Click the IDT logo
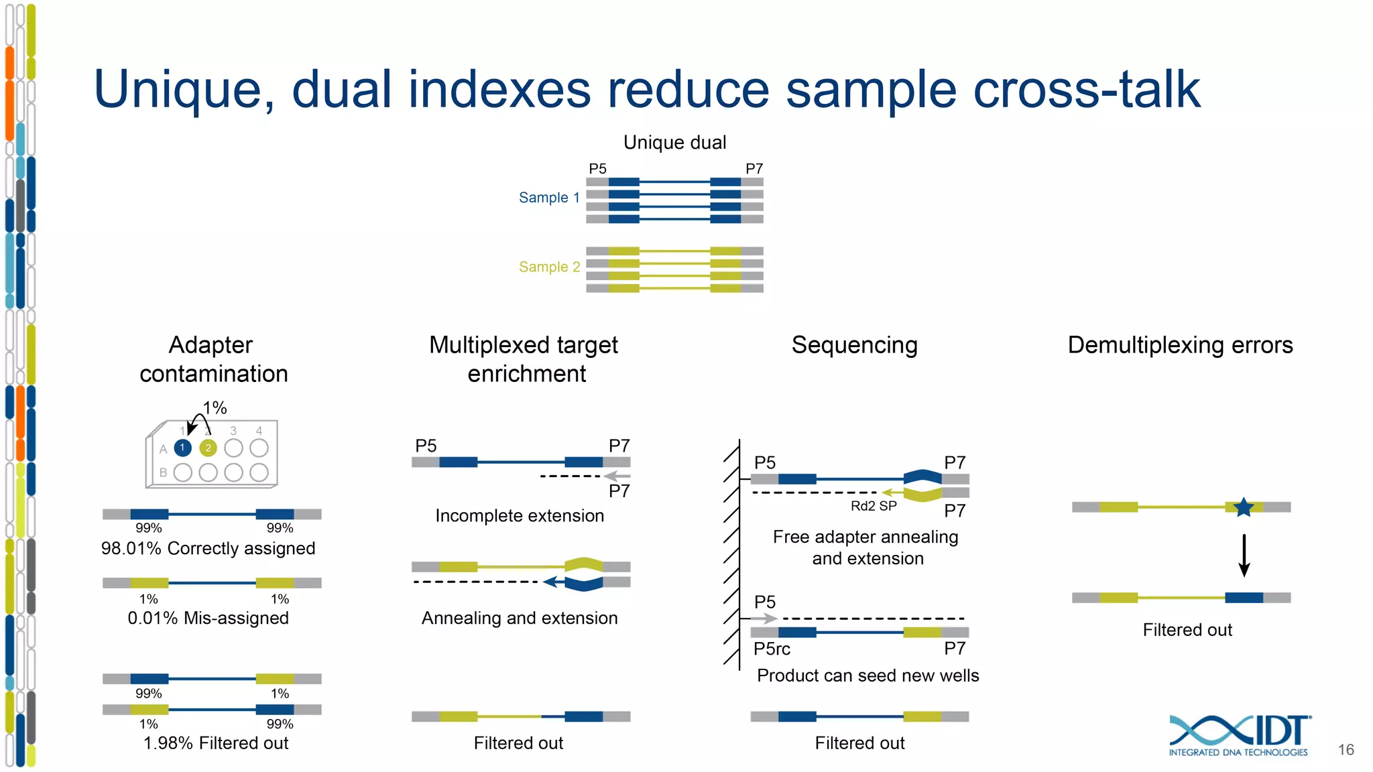point(1239,735)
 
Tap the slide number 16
point(1346,750)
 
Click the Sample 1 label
point(548,198)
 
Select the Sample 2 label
point(548,267)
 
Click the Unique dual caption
point(674,142)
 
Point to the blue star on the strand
point(1244,507)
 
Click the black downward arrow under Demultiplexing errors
point(1244,555)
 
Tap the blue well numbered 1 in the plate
point(182,448)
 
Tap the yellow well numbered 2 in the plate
point(208,448)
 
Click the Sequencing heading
point(854,345)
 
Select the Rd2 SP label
point(874,506)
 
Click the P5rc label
point(772,649)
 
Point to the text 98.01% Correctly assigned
point(208,548)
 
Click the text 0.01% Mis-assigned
point(208,618)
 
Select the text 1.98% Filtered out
point(215,743)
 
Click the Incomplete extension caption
point(520,515)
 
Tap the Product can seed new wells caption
point(868,675)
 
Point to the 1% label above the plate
point(215,407)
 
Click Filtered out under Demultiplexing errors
point(1187,630)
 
